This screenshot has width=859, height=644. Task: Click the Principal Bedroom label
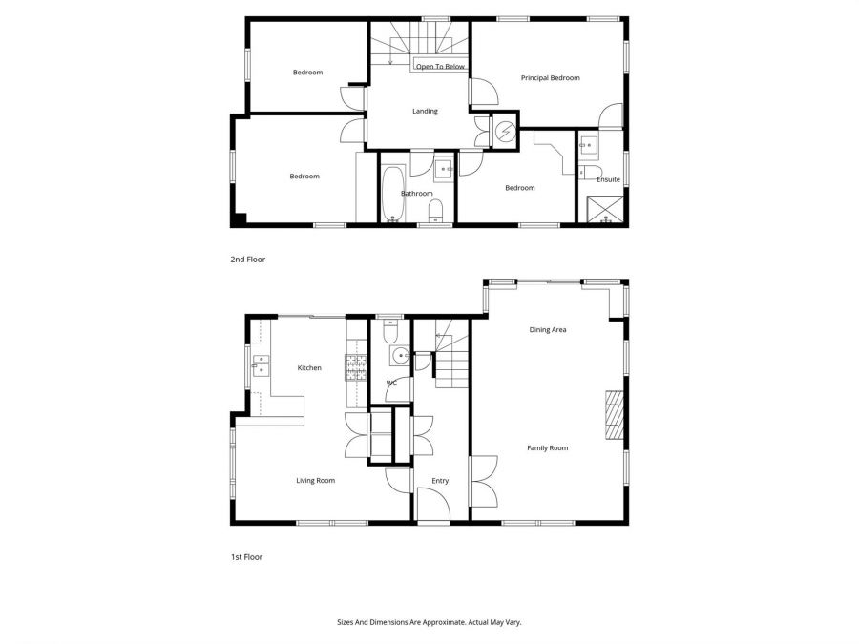550,78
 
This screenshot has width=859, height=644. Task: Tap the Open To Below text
440,67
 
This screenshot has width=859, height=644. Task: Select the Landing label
425,112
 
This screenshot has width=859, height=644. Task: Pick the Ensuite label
608,179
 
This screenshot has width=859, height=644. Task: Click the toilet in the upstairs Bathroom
436,211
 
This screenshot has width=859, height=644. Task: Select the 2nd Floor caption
248,260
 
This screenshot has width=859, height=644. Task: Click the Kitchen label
309,368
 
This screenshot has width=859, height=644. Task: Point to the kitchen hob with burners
356,368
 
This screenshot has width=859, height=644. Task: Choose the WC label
391,384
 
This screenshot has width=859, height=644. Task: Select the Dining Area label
548,330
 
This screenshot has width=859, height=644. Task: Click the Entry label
439,481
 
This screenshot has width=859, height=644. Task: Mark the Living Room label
315,481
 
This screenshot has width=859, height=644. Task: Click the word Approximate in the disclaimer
440,622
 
